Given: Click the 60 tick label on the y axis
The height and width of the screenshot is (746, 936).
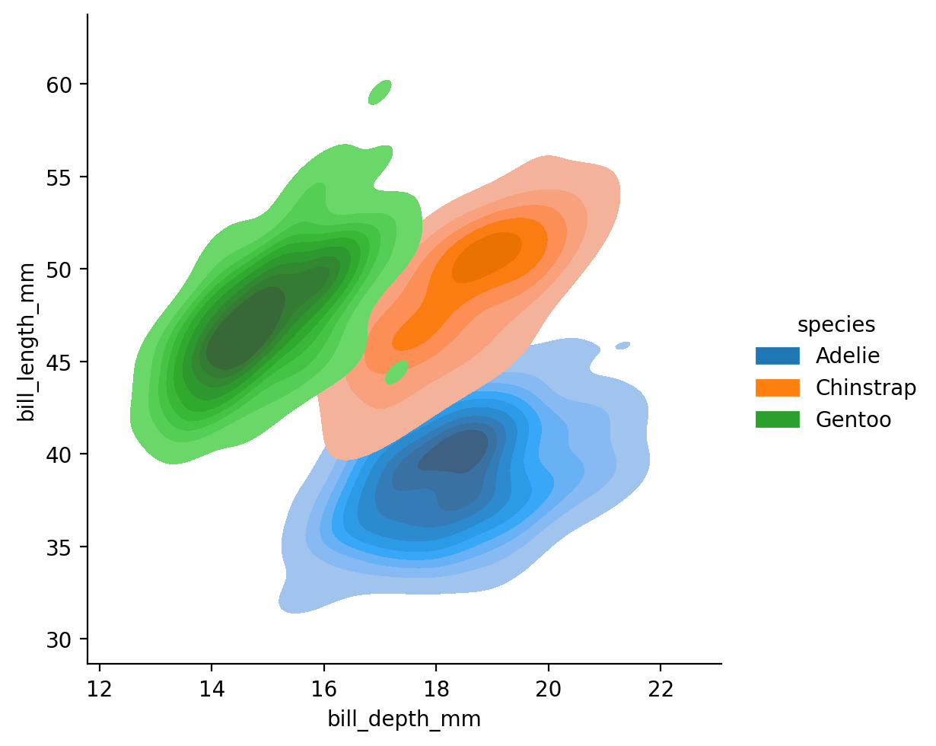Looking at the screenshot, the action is coord(59,84).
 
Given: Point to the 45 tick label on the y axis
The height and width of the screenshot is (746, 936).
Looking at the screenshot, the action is coord(59,362).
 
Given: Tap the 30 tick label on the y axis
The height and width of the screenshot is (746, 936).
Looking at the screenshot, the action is coord(59,639).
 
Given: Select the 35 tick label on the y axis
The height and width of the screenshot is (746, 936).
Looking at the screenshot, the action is coord(59,547).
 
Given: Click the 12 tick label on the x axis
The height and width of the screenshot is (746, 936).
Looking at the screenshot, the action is coord(99,689).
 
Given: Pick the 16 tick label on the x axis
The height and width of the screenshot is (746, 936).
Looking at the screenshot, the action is coord(323,689).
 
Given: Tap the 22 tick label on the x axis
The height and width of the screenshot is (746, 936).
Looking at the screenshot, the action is coord(661,689).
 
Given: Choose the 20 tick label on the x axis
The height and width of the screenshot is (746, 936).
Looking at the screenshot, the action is coord(548,689).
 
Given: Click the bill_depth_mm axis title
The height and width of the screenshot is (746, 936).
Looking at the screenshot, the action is coord(404,720).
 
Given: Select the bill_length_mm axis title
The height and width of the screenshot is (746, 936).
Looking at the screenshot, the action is coord(26,342).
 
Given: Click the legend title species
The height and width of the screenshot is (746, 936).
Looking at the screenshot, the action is coord(836,325).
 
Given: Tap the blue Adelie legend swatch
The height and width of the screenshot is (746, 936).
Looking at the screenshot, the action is coord(777,355).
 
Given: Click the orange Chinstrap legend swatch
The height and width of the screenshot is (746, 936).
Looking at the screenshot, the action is coord(777,387).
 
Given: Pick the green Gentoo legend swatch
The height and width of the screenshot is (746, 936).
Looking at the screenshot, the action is coord(777,419).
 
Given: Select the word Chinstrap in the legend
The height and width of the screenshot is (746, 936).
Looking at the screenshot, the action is coord(865,387).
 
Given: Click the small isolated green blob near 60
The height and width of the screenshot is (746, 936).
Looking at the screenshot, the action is coord(380,92).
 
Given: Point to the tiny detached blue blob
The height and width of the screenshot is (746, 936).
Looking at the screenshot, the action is coord(622,346).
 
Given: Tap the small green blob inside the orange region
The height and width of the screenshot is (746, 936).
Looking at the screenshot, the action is coord(396,372).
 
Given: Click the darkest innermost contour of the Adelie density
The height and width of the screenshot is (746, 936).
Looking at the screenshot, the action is coord(454,451).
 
